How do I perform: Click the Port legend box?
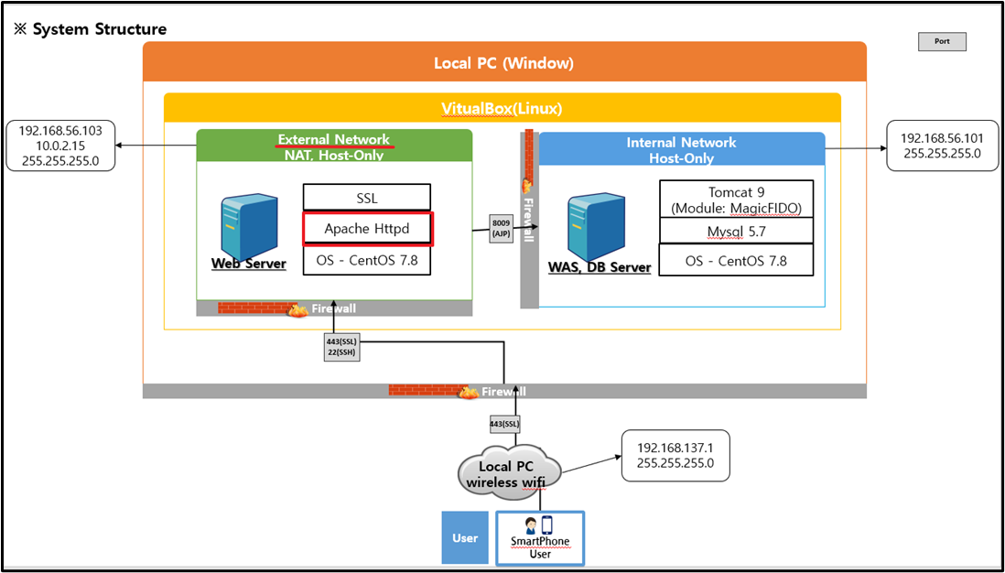(942, 41)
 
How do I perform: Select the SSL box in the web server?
(366, 198)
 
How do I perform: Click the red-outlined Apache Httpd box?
(367, 229)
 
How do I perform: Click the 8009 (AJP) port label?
(502, 228)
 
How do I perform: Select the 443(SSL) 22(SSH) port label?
(336, 348)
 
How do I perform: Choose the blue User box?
(465, 537)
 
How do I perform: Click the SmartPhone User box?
(540, 538)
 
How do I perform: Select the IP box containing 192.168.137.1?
(675, 456)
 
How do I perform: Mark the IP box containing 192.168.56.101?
(942, 145)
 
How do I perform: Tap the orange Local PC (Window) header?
(503, 63)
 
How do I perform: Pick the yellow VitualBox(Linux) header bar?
(502, 108)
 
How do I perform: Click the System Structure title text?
(90, 29)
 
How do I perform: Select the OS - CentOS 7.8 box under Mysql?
(736, 261)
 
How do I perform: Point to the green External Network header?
(334, 146)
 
